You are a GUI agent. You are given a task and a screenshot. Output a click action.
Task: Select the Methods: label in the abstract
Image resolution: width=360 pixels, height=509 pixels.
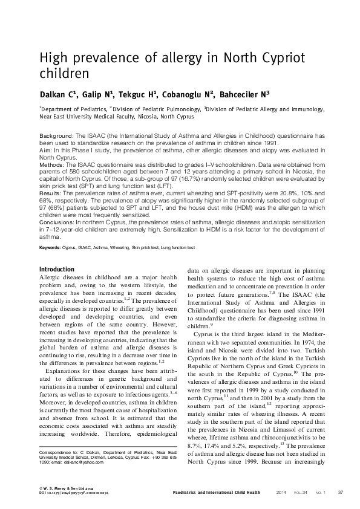pyautogui.click(x=53, y=163)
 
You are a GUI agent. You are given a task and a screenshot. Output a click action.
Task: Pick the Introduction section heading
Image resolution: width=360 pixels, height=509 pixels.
pyautogui.click(x=56, y=269)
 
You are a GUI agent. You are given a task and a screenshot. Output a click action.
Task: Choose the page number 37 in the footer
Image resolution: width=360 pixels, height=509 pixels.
pyautogui.click(x=340, y=492)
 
